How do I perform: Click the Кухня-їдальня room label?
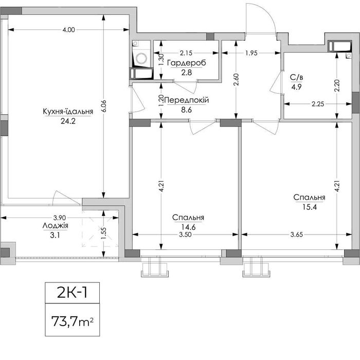(68, 112)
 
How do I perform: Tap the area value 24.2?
(68, 121)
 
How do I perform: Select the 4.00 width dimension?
(68, 30)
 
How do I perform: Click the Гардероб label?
(186, 63)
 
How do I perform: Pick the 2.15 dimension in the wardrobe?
(186, 53)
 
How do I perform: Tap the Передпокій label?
(186, 100)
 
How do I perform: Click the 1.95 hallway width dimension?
(251, 53)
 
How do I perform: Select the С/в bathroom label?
(296, 77)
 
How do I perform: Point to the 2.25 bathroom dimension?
(318, 104)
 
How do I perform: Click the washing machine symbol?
(141, 58)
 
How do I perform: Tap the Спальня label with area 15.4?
(309, 197)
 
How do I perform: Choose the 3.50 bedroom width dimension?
(185, 235)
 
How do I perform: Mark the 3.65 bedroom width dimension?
(297, 235)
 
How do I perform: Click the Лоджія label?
(56, 226)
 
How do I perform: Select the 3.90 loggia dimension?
(60, 218)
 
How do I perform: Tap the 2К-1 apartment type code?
(73, 293)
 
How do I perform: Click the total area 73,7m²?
(73, 321)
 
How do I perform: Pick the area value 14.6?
(189, 227)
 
